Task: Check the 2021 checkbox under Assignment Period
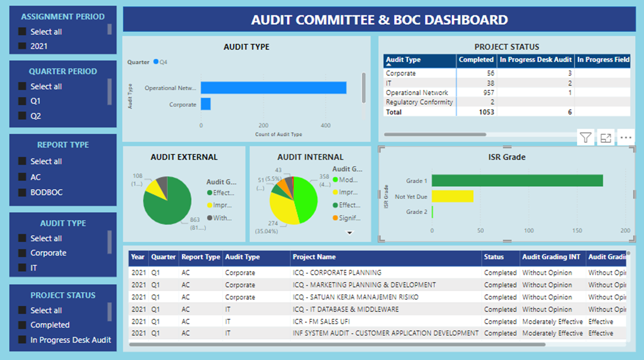(22, 46)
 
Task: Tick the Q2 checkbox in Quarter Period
(22, 116)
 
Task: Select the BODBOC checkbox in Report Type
(22, 192)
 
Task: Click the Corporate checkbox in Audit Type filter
(22, 253)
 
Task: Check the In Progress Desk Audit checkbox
(22, 340)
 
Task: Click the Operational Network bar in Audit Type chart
(273, 87)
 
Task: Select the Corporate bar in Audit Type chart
(206, 104)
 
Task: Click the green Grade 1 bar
(517, 180)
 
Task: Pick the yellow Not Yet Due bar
(453, 196)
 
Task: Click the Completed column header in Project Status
(476, 60)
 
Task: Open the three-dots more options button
(626, 138)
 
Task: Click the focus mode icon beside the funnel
(606, 138)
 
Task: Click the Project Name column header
(314, 257)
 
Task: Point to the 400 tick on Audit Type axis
(326, 125)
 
